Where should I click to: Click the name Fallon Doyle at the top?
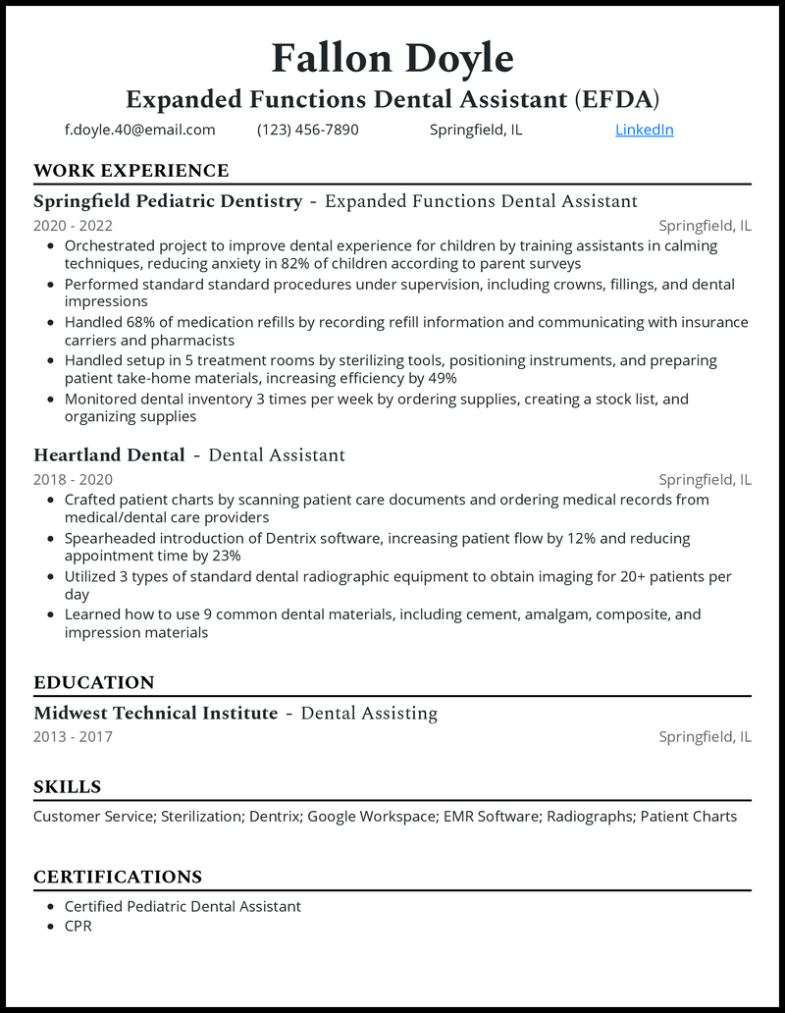click(x=392, y=59)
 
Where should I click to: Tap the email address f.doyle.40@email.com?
click(x=140, y=130)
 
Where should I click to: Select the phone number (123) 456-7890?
click(x=308, y=130)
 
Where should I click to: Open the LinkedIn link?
click(x=645, y=130)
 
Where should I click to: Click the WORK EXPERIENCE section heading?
click(x=131, y=171)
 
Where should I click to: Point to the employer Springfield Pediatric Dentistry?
click(x=168, y=201)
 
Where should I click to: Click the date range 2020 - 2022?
click(x=73, y=226)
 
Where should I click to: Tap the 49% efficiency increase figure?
click(x=440, y=379)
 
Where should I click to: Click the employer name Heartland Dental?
click(x=109, y=455)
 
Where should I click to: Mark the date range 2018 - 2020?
click(x=73, y=480)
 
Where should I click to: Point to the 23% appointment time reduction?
click(x=225, y=557)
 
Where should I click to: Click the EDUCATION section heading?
click(x=93, y=683)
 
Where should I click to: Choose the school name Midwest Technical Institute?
click(x=155, y=714)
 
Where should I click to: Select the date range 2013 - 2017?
click(x=73, y=737)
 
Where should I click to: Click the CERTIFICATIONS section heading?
click(x=118, y=878)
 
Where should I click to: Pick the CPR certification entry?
click(x=78, y=926)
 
